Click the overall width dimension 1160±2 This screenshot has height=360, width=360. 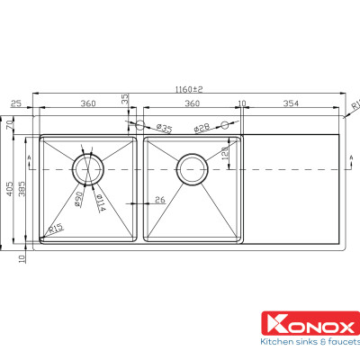pyautogui.click(x=190, y=89)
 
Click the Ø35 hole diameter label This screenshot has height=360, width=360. pyautogui.click(x=164, y=127)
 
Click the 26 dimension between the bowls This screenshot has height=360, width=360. pyautogui.click(x=159, y=200)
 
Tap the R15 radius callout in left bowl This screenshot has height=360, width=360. pyautogui.click(x=55, y=229)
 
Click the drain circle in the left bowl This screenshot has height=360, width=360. pyautogui.click(x=89, y=168)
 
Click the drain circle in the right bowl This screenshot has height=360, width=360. pyautogui.click(x=192, y=168)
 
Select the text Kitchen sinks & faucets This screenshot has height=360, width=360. pyautogui.click(x=309, y=343)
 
